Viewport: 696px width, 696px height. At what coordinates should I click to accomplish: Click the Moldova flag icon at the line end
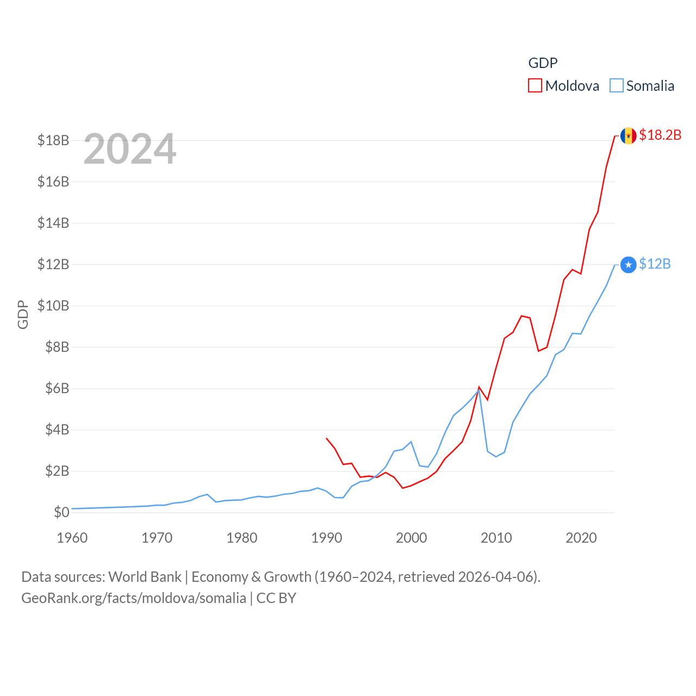628,135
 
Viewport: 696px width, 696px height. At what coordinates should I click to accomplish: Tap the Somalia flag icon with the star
628,265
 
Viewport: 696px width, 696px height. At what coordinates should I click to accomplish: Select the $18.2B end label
660,135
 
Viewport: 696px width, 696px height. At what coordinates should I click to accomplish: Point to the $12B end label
655,264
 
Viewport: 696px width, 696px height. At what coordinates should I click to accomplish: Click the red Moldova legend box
535,86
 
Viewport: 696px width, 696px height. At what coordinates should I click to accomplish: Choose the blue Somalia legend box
616,86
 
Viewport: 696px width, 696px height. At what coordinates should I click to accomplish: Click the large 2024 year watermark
130,149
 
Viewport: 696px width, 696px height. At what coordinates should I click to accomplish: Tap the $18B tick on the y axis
53,140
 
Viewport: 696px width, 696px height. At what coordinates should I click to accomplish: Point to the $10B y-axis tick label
53,306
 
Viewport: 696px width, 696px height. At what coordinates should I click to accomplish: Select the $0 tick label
61,512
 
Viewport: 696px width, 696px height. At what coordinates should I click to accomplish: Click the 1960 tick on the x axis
72,538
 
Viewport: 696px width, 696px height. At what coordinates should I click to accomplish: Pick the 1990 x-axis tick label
327,538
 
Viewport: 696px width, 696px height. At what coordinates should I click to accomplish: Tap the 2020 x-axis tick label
581,538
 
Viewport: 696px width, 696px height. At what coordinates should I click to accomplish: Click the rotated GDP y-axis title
23,314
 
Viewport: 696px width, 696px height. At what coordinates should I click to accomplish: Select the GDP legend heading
543,63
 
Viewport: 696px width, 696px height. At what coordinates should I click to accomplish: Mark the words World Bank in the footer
145,576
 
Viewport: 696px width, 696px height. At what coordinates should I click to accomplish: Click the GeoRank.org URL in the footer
134,598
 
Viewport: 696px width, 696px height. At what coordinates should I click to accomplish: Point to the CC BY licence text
276,598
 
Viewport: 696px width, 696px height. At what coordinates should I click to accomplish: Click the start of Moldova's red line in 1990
327,438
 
